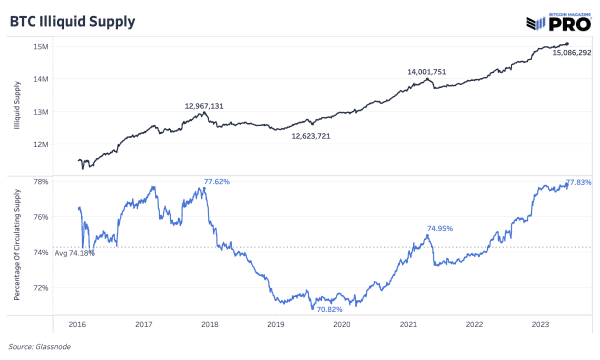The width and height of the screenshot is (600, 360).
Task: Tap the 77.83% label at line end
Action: click(x=579, y=182)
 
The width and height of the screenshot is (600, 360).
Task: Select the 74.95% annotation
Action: click(x=440, y=228)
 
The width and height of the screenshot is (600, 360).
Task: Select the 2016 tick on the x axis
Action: click(x=78, y=325)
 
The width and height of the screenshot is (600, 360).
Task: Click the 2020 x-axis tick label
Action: click(x=341, y=325)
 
